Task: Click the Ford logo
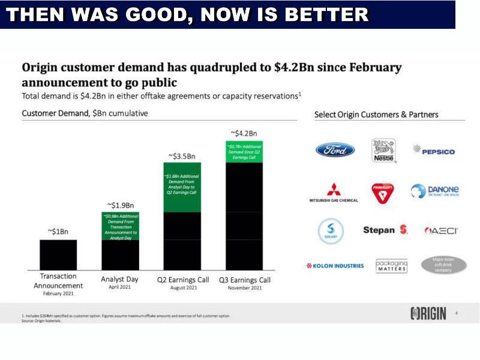pyautogui.click(x=335, y=150)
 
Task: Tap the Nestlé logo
pyautogui.click(x=383, y=150)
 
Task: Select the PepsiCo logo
pyautogui.click(x=434, y=151)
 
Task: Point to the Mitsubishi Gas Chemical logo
pyautogui.click(x=334, y=193)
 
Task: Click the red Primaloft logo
pyautogui.click(x=383, y=193)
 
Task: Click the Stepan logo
pyautogui.click(x=385, y=230)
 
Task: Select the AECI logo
pyautogui.click(x=441, y=230)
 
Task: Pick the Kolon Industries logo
pyautogui.click(x=335, y=266)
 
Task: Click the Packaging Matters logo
pyautogui.click(x=391, y=266)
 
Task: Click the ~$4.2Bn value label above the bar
pyautogui.click(x=244, y=133)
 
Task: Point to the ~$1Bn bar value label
pyautogui.click(x=58, y=232)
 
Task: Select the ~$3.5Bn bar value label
pyautogui.click(x=182, y=156)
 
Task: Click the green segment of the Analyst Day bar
pyautogui.click(x=120, y=226)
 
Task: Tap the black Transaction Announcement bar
pyautogui.click(x=58, y=254)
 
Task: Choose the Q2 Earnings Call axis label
pyautogui.click(x=183, y=280)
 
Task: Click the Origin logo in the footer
pyautogui.click(x=428, y=313)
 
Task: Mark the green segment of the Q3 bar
pyautogui.click(x=244, y=152)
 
